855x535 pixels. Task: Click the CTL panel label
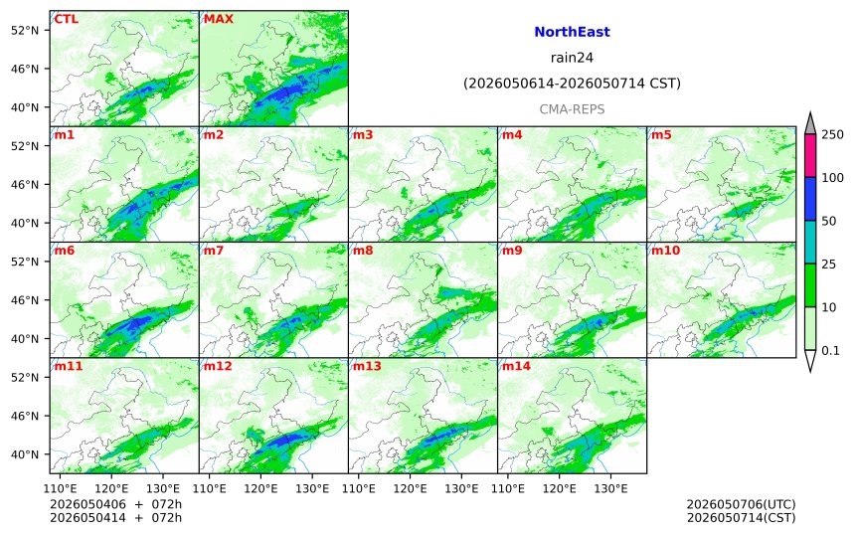66,19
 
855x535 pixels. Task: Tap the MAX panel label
218,19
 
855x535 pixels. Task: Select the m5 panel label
661,134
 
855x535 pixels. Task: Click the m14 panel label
516,366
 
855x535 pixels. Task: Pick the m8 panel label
363,251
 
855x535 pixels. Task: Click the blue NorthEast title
572,32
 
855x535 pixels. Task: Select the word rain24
572,58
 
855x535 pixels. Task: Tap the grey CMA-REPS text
572,109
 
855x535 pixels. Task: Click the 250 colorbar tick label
832,134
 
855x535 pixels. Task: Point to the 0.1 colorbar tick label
830,351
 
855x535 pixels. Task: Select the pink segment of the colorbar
809,155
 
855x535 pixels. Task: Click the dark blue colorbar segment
809,199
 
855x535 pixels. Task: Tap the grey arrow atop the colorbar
809,124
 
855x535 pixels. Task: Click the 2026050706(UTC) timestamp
741,504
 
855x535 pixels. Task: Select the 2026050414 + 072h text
115,517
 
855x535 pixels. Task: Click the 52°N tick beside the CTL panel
25,30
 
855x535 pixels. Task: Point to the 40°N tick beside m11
25,454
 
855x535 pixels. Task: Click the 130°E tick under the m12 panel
312,488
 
